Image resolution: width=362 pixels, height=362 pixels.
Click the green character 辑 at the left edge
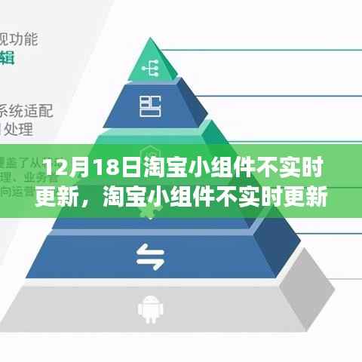(7, 57)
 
